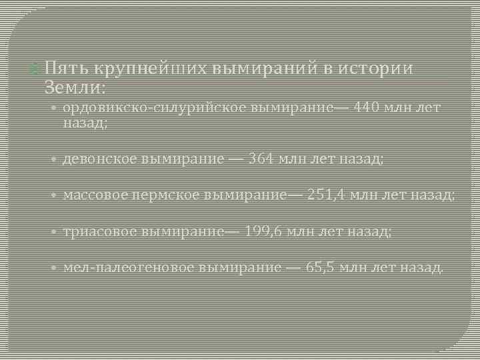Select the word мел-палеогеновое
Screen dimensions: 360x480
tap(129, 267)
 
